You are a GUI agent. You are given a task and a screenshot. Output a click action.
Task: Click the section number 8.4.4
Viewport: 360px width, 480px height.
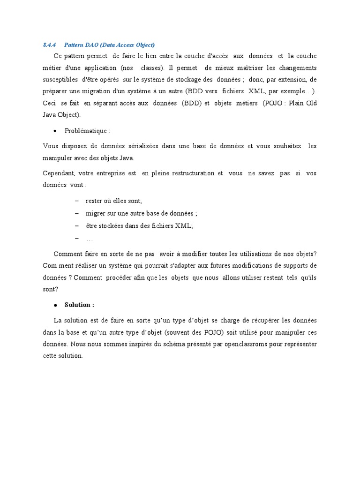coord(49,45)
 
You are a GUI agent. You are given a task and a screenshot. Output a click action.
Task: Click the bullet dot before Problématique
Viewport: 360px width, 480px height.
coord(55,131)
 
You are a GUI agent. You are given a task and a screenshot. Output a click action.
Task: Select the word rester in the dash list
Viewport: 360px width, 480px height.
coord(94,201)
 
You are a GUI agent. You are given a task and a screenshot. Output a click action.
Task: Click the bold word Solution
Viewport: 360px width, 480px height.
coord(79,305)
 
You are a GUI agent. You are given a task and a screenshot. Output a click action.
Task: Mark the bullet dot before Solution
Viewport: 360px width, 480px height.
coord(55,305)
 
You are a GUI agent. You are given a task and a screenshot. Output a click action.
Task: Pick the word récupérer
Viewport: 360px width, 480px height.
coord(254,321)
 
